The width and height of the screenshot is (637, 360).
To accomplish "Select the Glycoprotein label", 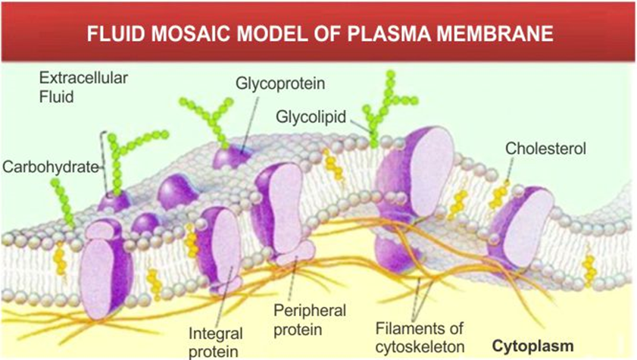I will (274, 83).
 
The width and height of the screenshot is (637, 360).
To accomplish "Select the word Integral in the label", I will (217, 333).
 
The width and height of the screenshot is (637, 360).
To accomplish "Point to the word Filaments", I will (404, 329).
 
